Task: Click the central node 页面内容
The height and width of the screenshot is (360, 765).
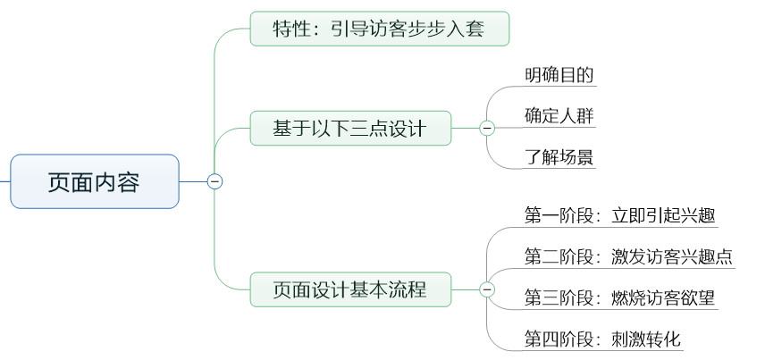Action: click(94, 181)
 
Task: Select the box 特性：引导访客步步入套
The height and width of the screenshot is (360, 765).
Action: click(379, 29)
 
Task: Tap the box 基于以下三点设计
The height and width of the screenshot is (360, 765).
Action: click(349, 129)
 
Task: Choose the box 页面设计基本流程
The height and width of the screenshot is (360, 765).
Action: click(349, 289)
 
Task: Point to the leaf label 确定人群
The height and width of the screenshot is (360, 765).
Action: click(559, 117)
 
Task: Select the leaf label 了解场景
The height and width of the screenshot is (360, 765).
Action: click(559, 159)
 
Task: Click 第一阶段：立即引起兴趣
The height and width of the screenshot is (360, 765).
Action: click(619, 215)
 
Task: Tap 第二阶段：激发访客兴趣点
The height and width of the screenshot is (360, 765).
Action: click(628, 257)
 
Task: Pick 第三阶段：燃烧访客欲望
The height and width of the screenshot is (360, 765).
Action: click(619, 298)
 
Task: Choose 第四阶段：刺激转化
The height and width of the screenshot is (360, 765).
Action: click(604, 340)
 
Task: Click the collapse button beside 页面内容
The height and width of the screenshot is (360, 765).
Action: click(214, 181)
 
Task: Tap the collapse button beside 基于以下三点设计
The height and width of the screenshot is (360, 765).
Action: click(487, 129)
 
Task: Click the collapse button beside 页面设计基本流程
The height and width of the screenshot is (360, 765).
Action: click(487, 289)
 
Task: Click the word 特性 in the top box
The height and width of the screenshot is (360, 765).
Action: click(290, 29)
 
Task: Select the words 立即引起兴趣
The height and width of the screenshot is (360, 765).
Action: click(663, 215)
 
